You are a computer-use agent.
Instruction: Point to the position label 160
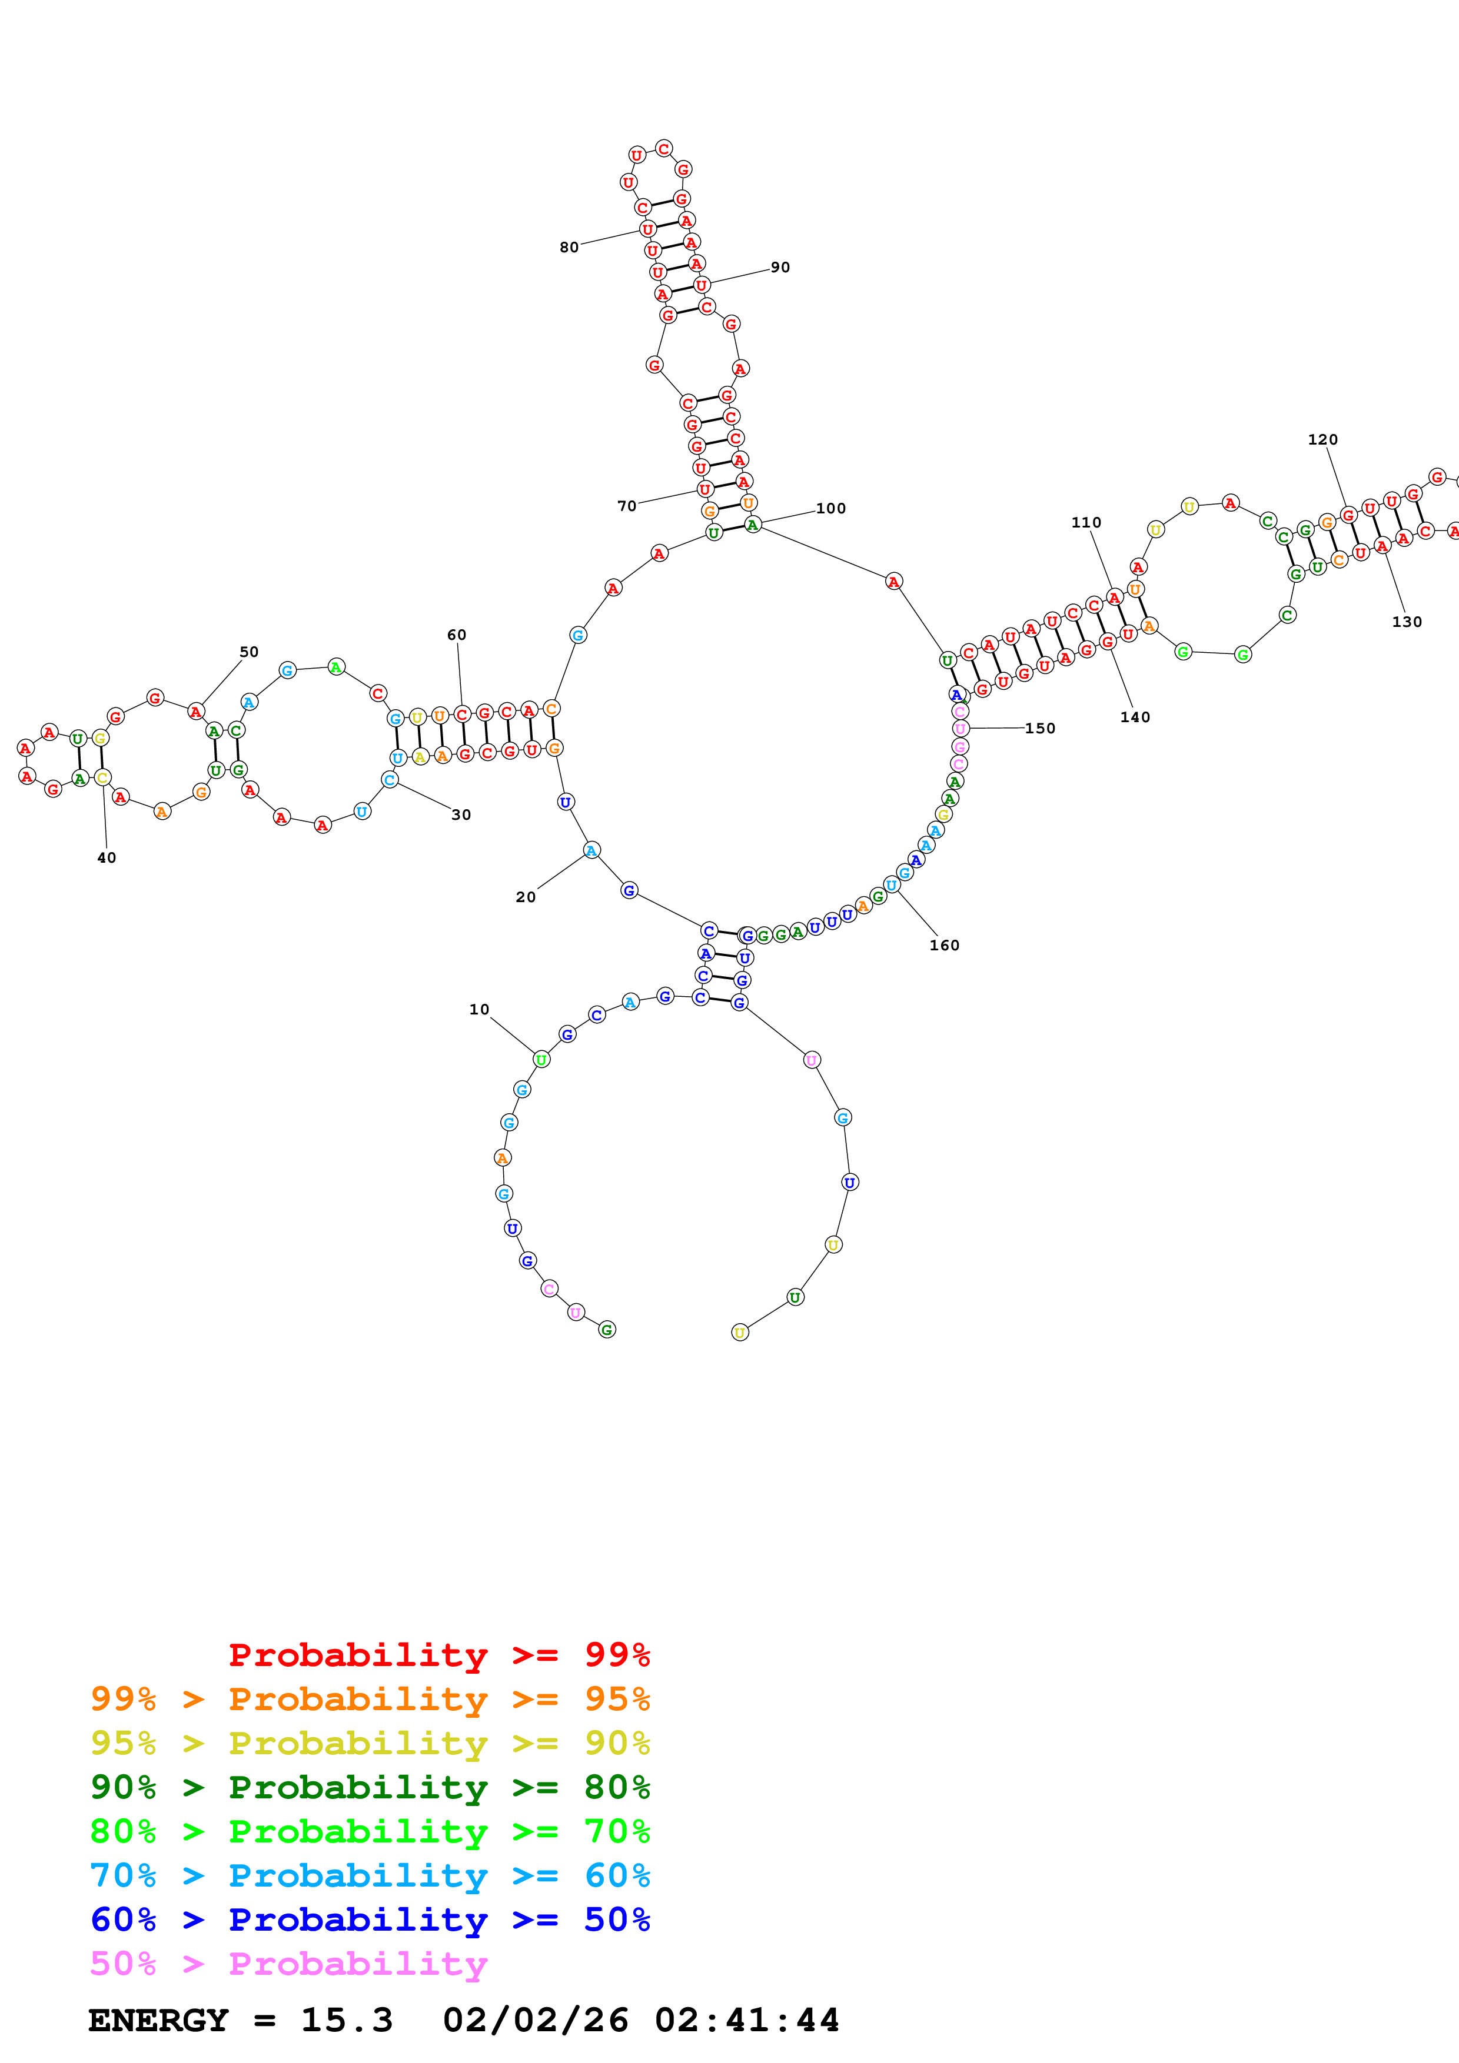click(x=944, y=944)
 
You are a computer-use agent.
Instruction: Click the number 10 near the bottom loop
click(x=479, y=1009)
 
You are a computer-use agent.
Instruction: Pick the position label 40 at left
click(x=106, y=857)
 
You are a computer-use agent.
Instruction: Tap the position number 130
click(x=1406, y=621)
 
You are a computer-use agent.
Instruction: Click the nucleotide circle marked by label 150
click(x=960, y=728)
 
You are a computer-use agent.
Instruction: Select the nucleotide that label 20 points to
click(x=591, y=850)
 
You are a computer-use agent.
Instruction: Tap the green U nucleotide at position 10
click(x=541, y=1059)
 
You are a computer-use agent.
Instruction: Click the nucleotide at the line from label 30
click(x=389, y=780)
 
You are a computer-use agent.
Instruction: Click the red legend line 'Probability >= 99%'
click(x=438, y=1654)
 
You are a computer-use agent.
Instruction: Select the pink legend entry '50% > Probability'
click(x=288, y=1963)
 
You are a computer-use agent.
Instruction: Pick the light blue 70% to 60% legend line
click(x=370, y=1875)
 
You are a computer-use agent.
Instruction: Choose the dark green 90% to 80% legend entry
click(x=370, y=1787)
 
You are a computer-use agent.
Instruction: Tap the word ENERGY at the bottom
click(x=158, y=2020)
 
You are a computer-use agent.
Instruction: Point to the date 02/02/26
click(x=535, y=2020)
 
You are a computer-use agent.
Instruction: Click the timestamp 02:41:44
click(x=746, y=2020)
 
